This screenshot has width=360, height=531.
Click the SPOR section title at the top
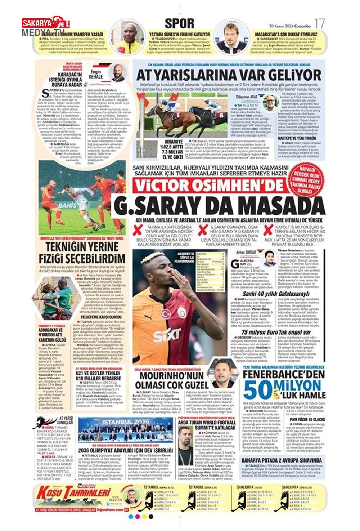[179, 24]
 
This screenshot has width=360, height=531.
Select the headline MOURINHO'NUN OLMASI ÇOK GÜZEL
[172, 381]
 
